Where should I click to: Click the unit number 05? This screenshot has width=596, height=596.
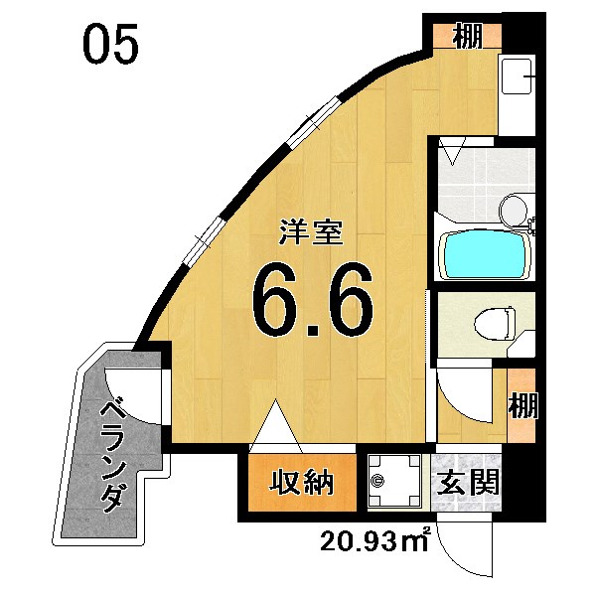point(110,47)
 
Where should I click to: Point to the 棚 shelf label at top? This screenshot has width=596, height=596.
point(467,37)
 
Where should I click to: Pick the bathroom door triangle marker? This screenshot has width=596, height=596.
point(454,153)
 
